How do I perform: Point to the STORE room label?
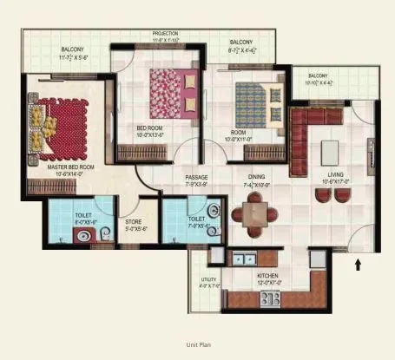click(x=134, y=221)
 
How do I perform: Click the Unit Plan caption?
click(x=197, y=345)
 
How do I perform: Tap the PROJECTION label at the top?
click(x=165, y=35)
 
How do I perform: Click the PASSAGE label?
click(x=196, y=176)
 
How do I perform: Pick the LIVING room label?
click(x=336, y=174)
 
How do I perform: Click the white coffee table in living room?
click(x=331, y=150)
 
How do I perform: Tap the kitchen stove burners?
click(x=271, y=298)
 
